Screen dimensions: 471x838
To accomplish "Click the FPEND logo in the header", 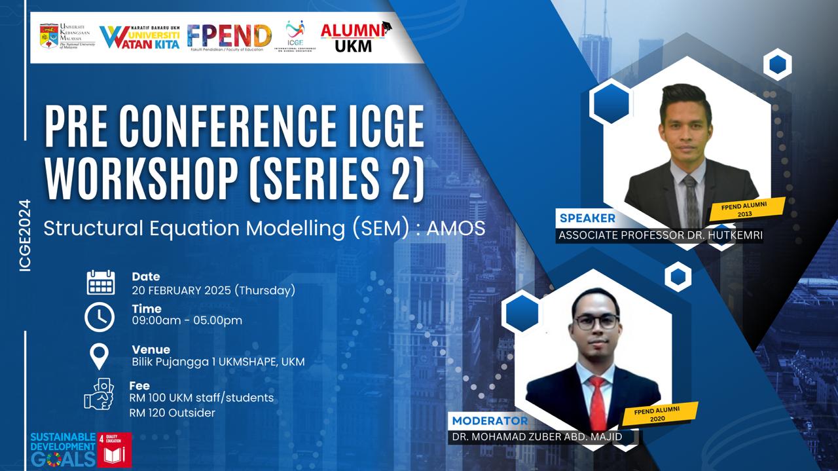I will coord(228,37).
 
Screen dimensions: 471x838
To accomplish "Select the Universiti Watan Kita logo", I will coord(139,37).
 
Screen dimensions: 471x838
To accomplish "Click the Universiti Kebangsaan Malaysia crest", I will coord(48,37).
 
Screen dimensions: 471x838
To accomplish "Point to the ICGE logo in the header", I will coord(295,35).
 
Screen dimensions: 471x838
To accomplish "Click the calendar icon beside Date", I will coord(100,282).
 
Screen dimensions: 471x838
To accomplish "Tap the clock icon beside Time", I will coord(100,317).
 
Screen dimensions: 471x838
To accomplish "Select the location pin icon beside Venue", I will coord(100,356).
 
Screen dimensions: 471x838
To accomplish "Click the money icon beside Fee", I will coord(100,394).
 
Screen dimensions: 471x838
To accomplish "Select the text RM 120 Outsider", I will coord(172,413).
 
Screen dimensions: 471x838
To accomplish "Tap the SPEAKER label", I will coord(587,218).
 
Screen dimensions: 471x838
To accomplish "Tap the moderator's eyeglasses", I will coord(596,322).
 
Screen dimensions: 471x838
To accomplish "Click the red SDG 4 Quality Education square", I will coord(115,449).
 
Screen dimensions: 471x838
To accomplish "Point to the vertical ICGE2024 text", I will coord(26,235).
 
